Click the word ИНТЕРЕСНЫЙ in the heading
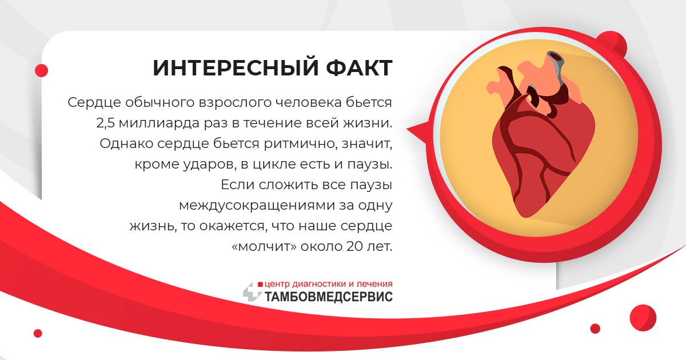coord(236,67)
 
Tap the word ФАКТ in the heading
coord(359,67)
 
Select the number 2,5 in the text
coord(105,123)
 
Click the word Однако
coord(126,143)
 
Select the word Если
coord(237,185)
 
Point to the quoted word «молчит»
coord(265,246)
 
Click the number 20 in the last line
coord(354,246)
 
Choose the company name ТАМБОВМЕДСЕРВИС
coord(328,297)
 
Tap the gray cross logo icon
coord(252,292)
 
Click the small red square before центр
coord(260,285)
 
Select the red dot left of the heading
coord(41,70)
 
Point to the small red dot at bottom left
coord(38,333)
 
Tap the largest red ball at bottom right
coord(643,318)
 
